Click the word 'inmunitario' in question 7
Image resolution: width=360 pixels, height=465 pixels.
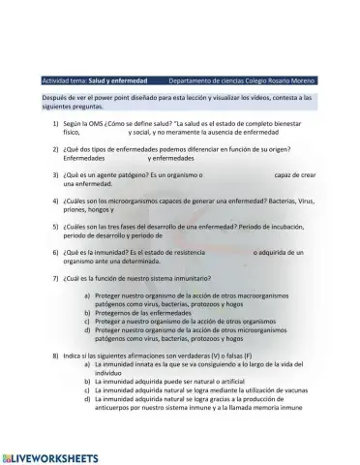pos(180,276)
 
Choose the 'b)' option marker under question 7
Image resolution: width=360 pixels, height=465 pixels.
pos(88,313)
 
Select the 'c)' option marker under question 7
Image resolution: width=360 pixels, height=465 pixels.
pos(88,321)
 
